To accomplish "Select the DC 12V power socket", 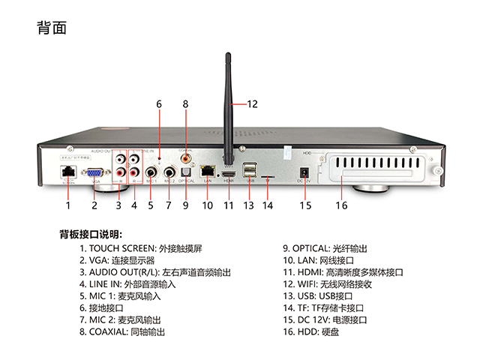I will [304, 169].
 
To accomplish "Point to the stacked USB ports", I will [250, 169].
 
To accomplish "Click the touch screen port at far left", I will [67, 170].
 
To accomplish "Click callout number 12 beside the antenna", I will [252, 104].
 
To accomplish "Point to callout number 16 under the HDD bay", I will [341, 205].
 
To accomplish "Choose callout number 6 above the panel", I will [159, 104].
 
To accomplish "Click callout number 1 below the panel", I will [67, 205].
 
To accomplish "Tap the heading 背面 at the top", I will [52, 28].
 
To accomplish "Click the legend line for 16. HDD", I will [314, 331].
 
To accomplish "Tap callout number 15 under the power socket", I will [305, 205].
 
